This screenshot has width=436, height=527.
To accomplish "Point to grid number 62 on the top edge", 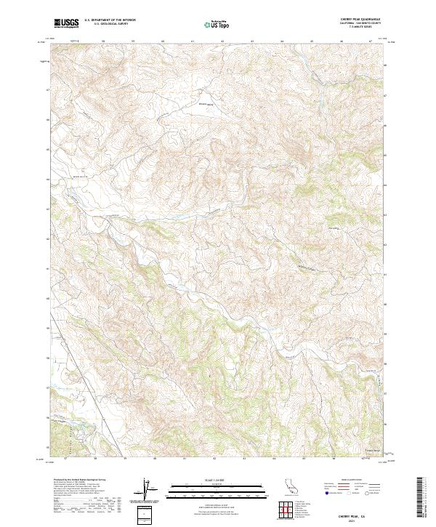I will click(222, 41).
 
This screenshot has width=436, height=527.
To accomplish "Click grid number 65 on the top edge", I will click(311, 41).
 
